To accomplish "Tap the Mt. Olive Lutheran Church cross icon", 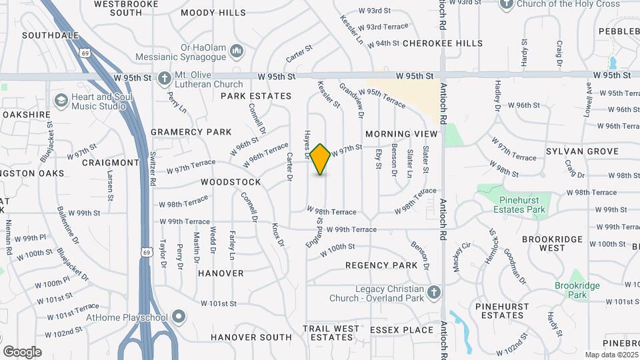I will pyautogui.click(x=164, y=78).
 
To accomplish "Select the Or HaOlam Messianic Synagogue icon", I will pyautogui.click(x=237, y=51).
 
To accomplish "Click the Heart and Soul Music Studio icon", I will pyautogui.click(x=61, y=101).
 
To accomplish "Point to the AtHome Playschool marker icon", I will pyautogui.click(x=178, y=316).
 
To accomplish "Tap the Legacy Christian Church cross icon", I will pyautogui.click(x=434, y=292).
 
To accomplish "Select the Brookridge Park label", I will pyautogui.click(x=577, y=290).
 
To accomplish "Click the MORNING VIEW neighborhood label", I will pyautogui.click(x=401, y=134).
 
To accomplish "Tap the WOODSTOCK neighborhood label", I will pyautogui.click(x=231, y=181).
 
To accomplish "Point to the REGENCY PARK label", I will pyautogui.click(x=381, y=265).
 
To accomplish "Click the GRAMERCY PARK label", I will pyautogui.click(x=191, y=132).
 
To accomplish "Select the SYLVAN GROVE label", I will pyautogui.click(x=582, y=151).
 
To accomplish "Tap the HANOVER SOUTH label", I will pyautogui.click(x=251, y=337).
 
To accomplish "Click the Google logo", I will pyautogui.click(x=22, y=351).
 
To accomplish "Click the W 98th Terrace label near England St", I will pyautogui.click(x=331, y=211).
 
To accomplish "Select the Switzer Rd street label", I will pyautogui.click(x=153, y=168).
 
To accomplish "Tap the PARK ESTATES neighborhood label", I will pyautogui.click(x=257, y=96).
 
